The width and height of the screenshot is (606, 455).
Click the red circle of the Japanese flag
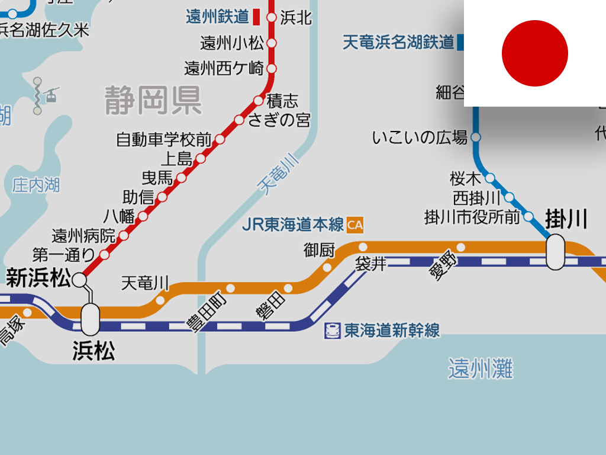[x=534, y=53]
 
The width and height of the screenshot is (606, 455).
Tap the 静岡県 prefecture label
[x=153, y=100]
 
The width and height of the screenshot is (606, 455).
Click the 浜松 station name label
[x=94, y=351]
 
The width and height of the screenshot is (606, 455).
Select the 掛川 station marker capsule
[x=555, y=252]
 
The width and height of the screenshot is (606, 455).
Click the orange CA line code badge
[x=355, y=225]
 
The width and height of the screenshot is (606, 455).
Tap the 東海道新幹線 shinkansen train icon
[x=333, y=331]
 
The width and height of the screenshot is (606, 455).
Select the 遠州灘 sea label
[x=480, y=369]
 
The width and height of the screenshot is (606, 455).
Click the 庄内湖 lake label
[x=36, y=185]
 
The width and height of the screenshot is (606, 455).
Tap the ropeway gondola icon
[x=53, y=95]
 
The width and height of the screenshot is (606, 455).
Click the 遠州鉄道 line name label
[x=217, y=17]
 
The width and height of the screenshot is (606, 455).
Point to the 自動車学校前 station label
[x=163, y=140]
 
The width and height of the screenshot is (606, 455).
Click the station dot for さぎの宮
[x=239, y=120]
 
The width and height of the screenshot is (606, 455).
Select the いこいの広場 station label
[x=420, y=138]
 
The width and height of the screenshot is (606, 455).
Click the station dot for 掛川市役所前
[x=528, y=216]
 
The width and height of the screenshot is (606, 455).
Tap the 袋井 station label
[x=370, y=264]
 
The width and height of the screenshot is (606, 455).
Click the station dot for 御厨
[x=327, y=267]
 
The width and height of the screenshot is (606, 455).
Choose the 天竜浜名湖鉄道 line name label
[x=398, y=43]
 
